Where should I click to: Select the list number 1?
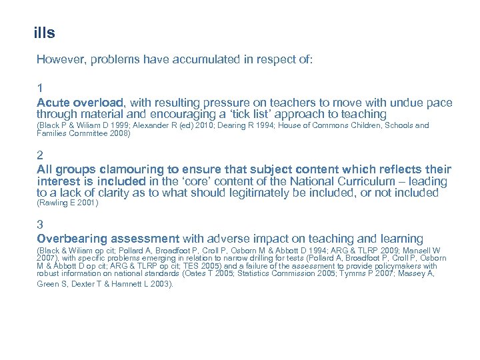coord(41,87)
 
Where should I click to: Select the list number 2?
coord(41,154)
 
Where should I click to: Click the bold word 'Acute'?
coord(53,103)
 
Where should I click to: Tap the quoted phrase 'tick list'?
coord(245,114)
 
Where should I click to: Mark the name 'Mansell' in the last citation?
coord(417,250)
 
